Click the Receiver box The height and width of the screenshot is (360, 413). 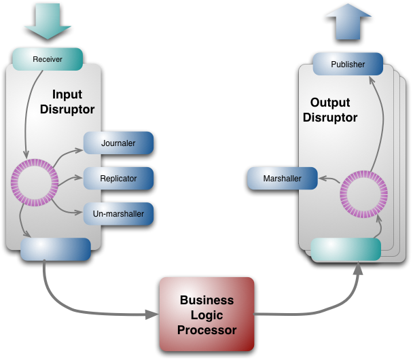coord(48,60)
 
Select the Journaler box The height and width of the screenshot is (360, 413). coord(119,143)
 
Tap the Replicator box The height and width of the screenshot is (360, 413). coord(119,179)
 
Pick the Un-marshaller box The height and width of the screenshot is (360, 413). coord(119,214)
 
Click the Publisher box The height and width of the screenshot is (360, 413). coord(348,65)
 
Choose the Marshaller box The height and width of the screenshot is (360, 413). coord(282,179)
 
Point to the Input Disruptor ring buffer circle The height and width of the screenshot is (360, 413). coord(35,183)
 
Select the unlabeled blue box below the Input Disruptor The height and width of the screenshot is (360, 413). coord(56,249)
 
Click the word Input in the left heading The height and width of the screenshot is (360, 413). coord(67,96)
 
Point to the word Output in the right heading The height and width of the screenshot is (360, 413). coord(330,103)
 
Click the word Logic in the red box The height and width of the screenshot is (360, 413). coord(206,315)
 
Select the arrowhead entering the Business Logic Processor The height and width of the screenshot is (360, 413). coord(153,315)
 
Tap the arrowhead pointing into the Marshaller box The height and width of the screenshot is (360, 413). coord(323,179)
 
